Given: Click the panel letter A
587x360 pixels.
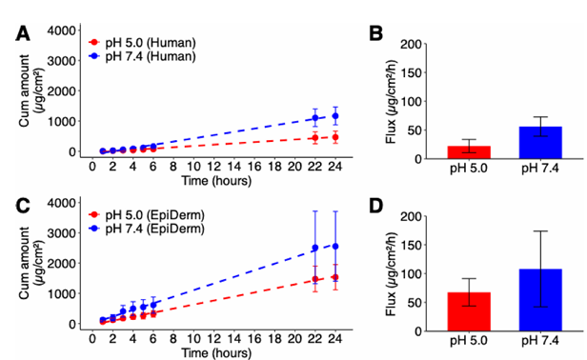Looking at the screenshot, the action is [23, 34].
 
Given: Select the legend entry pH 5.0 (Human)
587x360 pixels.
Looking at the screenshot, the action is [142, 43].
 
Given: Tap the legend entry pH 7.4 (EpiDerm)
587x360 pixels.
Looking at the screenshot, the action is [147, 228].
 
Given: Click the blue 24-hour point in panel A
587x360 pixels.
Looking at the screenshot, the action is [335, 116].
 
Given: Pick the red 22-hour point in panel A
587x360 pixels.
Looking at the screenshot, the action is [315, 138].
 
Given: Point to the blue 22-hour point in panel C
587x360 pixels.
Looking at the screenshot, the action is [315, 248].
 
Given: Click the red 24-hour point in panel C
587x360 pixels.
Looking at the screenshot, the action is [335, 277].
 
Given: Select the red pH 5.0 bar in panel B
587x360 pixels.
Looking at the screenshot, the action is [469, 152].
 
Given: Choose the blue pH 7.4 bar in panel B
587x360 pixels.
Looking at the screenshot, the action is [540, 143].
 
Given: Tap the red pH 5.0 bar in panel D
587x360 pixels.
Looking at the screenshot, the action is [469, 311].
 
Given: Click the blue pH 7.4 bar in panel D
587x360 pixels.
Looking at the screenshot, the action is [540, 300].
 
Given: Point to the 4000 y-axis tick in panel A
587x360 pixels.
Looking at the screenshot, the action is [61, 30].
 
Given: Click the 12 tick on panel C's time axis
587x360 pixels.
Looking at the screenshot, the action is [213, 338].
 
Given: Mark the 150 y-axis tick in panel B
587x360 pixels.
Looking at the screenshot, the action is [412, 72].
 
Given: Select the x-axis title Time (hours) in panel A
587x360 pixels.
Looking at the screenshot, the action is [216, 181].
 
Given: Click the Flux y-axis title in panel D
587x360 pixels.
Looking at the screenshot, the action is [392, 274].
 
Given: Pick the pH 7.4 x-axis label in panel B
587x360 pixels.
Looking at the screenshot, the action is [540, 169].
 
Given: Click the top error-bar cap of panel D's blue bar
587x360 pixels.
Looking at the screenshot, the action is [540, 231].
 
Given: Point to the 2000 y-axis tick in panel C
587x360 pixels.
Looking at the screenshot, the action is [61, 263].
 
